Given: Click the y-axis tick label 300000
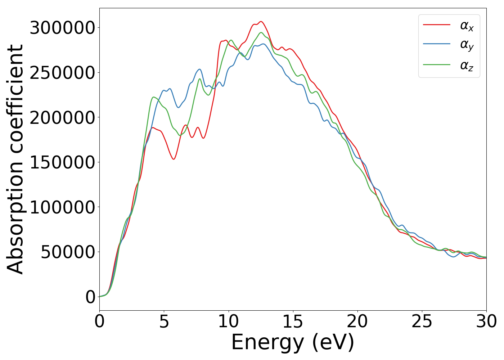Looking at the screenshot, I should tap(62, 28).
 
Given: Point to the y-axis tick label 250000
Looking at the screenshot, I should tap(62, 73).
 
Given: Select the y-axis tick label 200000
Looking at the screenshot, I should tap(62, 118).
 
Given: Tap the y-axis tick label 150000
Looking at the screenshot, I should tap(62, 162).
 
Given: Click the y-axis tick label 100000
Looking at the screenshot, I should tap(62, 207).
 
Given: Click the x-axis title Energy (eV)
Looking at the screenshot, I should tap(293, 342).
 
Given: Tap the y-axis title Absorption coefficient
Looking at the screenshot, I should tap(15, 159).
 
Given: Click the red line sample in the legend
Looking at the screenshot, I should tap(436, 24).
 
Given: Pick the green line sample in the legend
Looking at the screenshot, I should tap(436, 65).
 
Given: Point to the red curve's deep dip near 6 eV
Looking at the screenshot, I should tap(174, 159).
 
